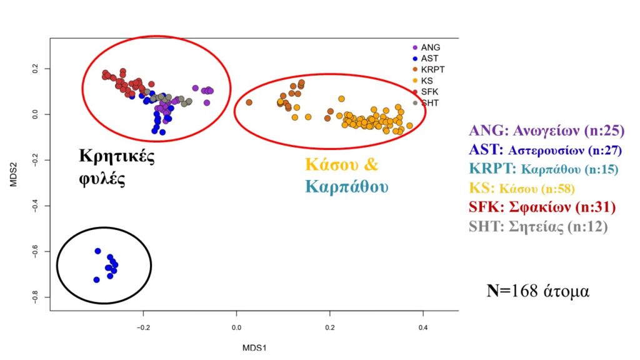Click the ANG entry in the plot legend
coord(429,47)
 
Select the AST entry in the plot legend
coord(429,58)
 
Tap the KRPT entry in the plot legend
coord(432,69)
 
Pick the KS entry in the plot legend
coord(427,81)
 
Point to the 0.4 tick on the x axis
coord(422,327)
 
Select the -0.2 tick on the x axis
coord(143,327)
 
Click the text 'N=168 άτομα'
coord(537,291)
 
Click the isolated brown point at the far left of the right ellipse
coord(249,102)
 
